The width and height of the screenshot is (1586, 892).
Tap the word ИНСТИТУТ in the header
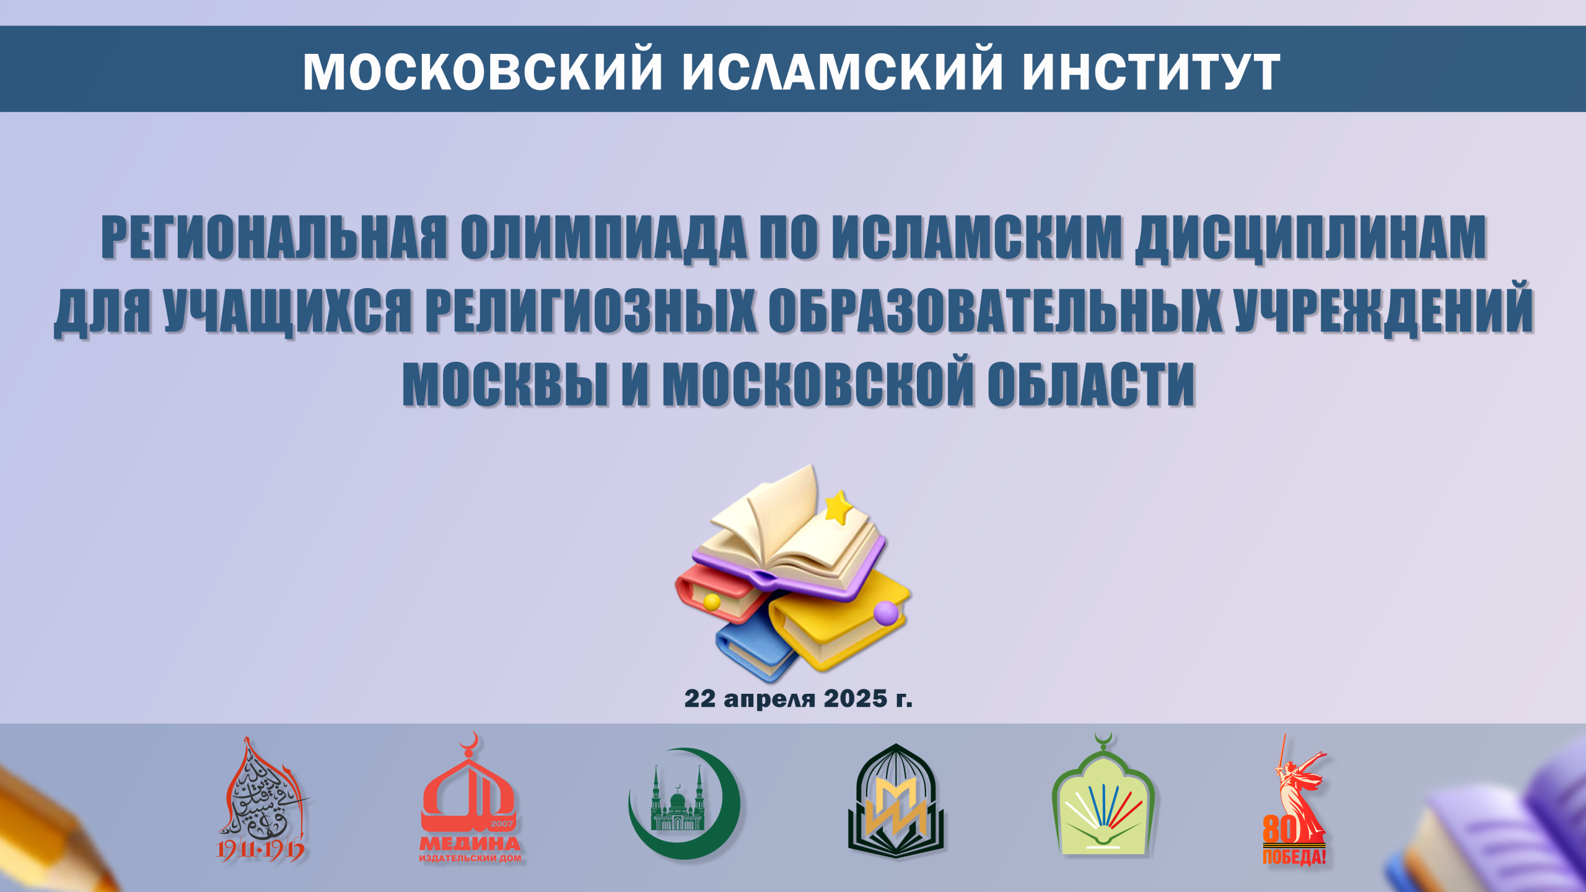coord(1151,71)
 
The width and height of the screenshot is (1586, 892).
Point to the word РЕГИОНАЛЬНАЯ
coord(274,237)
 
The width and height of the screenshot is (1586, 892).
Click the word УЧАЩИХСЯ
coord(289,309)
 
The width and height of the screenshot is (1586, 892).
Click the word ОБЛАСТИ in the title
coord(1091,383)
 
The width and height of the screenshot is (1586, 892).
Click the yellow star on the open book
coord(839,507)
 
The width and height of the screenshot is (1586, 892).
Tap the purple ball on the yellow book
coord(886,613)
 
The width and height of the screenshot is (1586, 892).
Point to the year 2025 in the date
coord(856,699)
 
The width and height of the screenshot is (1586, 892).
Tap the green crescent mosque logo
coord(685,803)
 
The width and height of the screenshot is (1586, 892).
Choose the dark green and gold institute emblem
coord(896,800)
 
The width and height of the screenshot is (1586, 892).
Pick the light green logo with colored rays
coord(1103,795)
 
